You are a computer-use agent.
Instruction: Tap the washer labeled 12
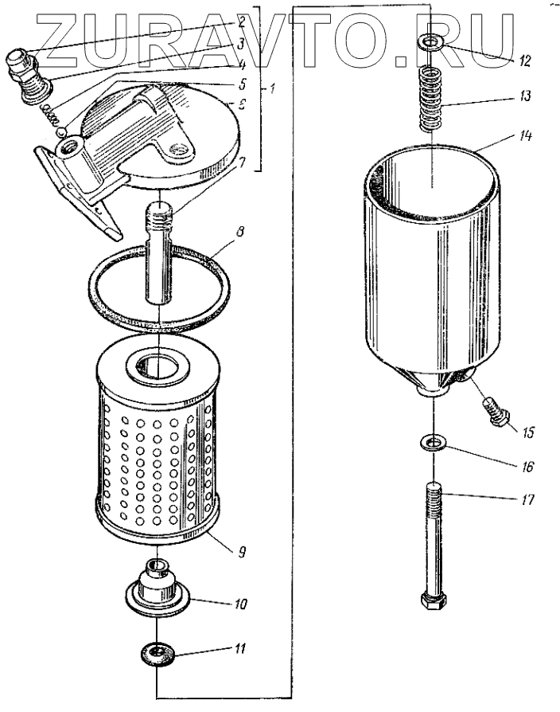[x=431, y=42]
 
